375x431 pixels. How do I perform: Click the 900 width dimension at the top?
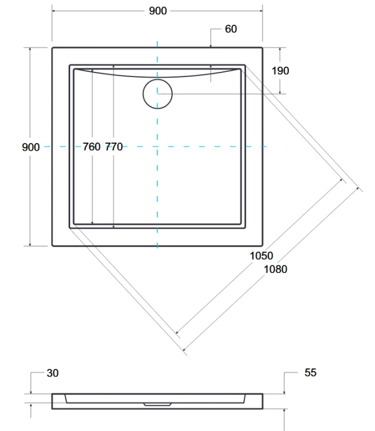click(157, 11)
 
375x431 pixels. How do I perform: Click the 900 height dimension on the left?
click(30, 147)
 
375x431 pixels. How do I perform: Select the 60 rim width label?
click(230, 29)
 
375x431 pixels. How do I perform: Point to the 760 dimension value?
click(91, 147)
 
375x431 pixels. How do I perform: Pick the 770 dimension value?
click(114, 147)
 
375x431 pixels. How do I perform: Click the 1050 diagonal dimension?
click(261, 256)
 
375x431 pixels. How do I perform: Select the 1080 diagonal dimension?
click(276, 269)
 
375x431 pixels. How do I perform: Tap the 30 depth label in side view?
click(52, 373)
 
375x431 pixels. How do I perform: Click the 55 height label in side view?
click(310, 373)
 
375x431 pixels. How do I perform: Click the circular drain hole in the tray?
click(157, 94)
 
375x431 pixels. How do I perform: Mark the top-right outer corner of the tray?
click(263, 48)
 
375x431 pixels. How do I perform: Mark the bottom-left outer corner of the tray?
click(52, 246)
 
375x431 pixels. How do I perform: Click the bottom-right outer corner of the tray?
click(263, 246)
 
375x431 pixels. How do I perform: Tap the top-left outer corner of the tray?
click(52, 48)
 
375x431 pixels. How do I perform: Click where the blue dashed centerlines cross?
click(157, 147)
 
